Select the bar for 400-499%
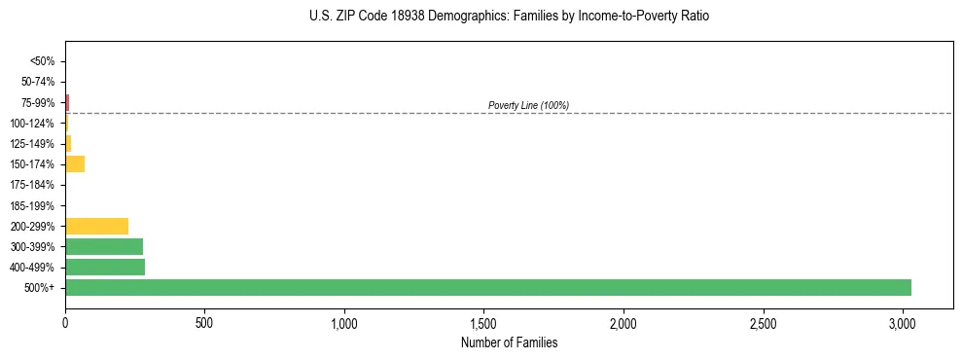105,267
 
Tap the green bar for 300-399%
104,246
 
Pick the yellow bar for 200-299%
96,226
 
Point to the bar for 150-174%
75,163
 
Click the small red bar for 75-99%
67,101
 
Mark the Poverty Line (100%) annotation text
528,105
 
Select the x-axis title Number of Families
509,342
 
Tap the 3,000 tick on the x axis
903,322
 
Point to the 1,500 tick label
483,322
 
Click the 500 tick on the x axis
204,322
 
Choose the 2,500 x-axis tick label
763,322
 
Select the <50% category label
42,60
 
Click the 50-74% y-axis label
38,81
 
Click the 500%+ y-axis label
39,288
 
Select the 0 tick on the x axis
65,322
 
